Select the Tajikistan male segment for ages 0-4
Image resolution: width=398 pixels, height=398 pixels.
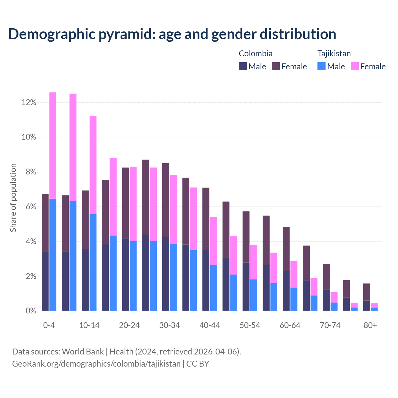[x=53, y=255]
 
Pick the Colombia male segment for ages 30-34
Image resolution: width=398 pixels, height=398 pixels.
[x=166, y=274]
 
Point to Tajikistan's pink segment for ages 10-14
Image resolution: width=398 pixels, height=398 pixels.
[x=93, y=165]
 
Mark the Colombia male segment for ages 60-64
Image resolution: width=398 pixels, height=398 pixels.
[x=286, y=291]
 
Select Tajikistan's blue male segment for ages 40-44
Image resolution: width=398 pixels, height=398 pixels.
[x=214, y=288]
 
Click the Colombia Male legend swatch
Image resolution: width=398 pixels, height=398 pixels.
[x=243, y=66]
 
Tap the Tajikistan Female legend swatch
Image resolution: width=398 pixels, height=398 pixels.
[x=355, y=66]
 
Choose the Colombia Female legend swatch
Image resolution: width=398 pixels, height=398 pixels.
[x=276, y=66]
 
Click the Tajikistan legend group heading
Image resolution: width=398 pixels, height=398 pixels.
[x=334, y=53]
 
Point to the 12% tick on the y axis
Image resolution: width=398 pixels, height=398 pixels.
[x=29, y=103]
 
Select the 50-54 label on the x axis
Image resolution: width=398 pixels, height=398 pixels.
[x=250, y=326]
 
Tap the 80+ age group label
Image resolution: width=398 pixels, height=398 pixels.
[x=370, y=326]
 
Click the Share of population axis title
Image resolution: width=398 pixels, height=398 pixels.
[x=13, y=198]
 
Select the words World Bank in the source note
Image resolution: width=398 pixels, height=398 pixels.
[x=83, y=352]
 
